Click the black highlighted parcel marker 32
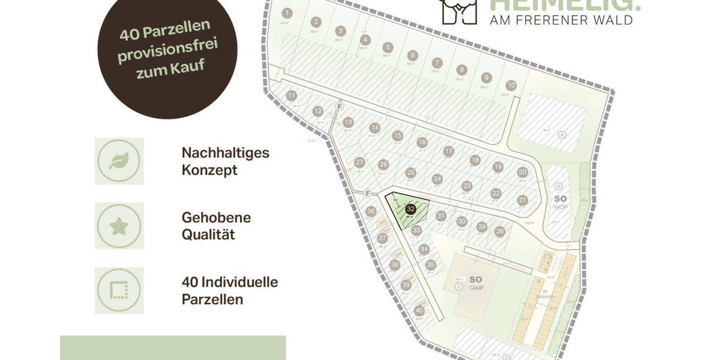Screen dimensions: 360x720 [x=411, y=209]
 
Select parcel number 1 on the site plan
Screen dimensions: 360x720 [x=287, y=13]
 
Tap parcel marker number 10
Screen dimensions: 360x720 [x=511, y=85]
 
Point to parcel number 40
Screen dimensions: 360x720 [x=419, y=310]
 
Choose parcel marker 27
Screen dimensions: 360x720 [x=359, y=163]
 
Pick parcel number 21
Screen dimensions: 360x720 [x=523, y=200]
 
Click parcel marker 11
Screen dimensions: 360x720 [x=292, y=95]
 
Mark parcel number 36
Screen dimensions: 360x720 [x=371, y=211]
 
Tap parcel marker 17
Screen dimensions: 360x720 [x=448, y=151]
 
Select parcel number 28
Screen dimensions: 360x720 [x=500, y=232]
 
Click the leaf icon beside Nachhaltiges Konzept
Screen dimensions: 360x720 [x=119, y=161]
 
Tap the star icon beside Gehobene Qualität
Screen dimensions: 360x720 [x=119, y=226]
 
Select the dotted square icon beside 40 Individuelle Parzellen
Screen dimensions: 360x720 [x=119, y=291]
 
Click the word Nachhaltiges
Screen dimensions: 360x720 [x=225, y=153]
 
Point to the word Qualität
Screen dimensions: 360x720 [x=208, y=234]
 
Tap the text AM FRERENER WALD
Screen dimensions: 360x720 [x=562, y=20]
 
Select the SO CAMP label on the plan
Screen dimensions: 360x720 [x=476, y=283]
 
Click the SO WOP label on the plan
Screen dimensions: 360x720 [x=560, y=202]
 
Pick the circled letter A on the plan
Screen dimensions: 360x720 [x=562, y=134]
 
